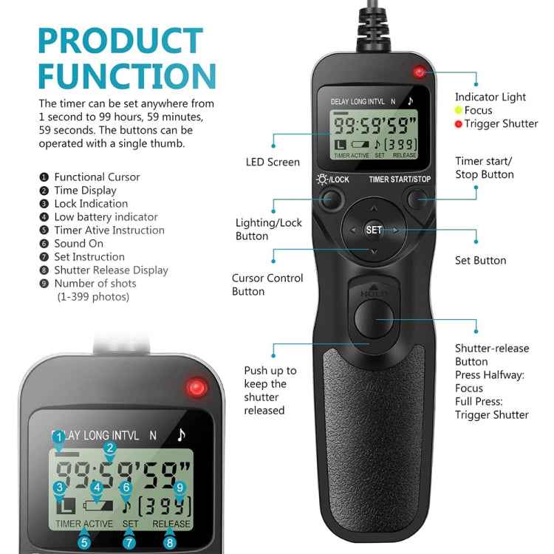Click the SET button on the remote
coord(375,230)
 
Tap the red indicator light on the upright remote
coord(420,72)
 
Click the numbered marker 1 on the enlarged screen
coord(58,437)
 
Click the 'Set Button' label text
coord(480,260)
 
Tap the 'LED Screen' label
coord(273,162)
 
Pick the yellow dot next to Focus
coord(458,110)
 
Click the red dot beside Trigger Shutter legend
coord(458,123)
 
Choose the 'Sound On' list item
coord(78,243)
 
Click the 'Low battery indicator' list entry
coord(106,216)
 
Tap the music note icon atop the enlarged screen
coord(181,435)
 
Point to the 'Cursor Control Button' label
coord(267,284)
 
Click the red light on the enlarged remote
coord(196,387)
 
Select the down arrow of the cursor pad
coord(374,252)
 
